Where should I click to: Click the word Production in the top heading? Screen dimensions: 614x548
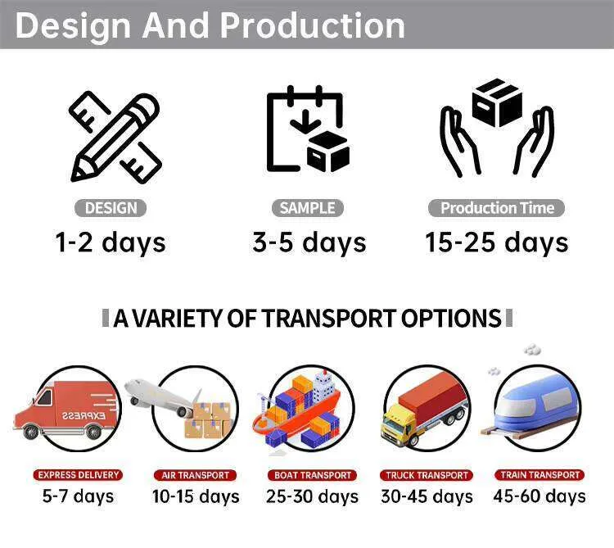[x=312, y=25]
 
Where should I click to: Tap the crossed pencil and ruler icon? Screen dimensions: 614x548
[x=115, y=137]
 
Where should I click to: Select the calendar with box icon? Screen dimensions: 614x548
[x=308, y=129]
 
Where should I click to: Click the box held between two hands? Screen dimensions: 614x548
[x=497, y=102]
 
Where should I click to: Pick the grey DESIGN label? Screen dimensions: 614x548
[x=111, y=208]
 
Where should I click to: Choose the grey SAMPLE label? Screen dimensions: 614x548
[x=307, y=208]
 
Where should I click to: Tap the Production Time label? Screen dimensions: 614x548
[x=497, y=208]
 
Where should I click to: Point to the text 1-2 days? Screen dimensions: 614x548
[x=111, y=242]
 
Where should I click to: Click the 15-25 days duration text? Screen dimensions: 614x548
[x=497, y=242]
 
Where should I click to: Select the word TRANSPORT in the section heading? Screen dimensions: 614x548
[x=329, y=318]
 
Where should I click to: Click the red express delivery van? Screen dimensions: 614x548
[x=65, y=410]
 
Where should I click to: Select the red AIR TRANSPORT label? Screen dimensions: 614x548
[x=195, y=475]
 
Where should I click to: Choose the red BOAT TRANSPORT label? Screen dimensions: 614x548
[x=312, y=475]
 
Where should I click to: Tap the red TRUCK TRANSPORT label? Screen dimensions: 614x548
[x=427, y=475]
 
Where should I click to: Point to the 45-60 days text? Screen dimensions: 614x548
[x=540, y=496]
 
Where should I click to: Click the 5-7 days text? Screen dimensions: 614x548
[x=78, y=496]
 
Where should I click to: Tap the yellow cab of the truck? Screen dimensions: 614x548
[x=398, y=426]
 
